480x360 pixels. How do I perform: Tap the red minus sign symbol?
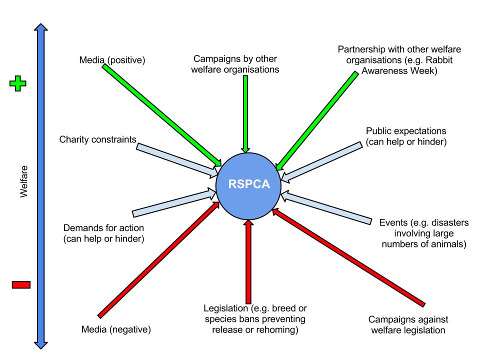point(20,285)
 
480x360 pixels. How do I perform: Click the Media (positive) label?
point(112,60)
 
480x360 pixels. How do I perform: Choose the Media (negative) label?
point(116,329)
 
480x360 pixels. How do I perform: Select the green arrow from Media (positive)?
point(160,114)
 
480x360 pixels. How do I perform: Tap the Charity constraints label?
point(97,139)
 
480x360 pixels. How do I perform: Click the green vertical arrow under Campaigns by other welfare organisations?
point(245,112)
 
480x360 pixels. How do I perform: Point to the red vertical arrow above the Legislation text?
point(248,260)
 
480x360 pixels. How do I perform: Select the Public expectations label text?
point(405,131)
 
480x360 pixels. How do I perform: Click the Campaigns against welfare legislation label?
point(408,324)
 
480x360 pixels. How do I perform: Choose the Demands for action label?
point(104,233)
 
